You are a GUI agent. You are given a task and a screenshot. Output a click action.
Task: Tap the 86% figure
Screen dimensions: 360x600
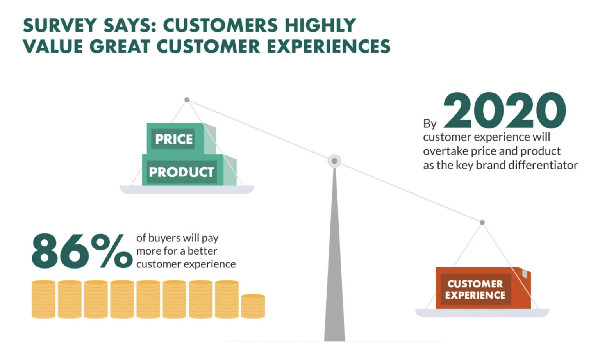pyautogui.click(x=82, y=251)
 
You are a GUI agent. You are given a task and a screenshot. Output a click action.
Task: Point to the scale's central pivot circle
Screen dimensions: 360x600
pyautogui.click(x=334, y=161)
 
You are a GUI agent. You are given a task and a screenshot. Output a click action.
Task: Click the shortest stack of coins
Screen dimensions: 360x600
pyautogui.click(x=253, y=306)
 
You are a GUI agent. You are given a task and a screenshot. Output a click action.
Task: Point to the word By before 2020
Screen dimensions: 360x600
pyautogui.click(x=430, y=124)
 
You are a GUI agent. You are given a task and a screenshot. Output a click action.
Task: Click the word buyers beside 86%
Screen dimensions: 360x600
pyautogui.click(x=166, y=238)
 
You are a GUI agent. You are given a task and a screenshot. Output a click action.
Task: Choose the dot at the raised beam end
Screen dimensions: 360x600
pyautogui.click(x=187, y=100)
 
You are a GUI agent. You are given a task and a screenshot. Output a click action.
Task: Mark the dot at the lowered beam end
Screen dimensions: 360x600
pyautogui.click(x=482, y=223)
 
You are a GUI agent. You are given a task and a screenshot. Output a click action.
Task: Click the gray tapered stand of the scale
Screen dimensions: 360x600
pyautogui.click(x=334, y=273)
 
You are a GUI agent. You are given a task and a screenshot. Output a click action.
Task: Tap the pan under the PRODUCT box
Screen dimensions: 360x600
pyautogui.click(x=187, y=190)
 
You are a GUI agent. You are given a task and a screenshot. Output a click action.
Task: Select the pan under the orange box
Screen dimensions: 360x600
pyautogui.click(x=482, y=313)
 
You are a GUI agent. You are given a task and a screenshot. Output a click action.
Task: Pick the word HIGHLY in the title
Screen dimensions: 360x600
pyautogui.click(x=320, y=26)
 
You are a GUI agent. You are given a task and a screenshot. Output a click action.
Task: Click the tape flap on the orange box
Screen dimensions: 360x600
pyautogui.click(x=525, y=273)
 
